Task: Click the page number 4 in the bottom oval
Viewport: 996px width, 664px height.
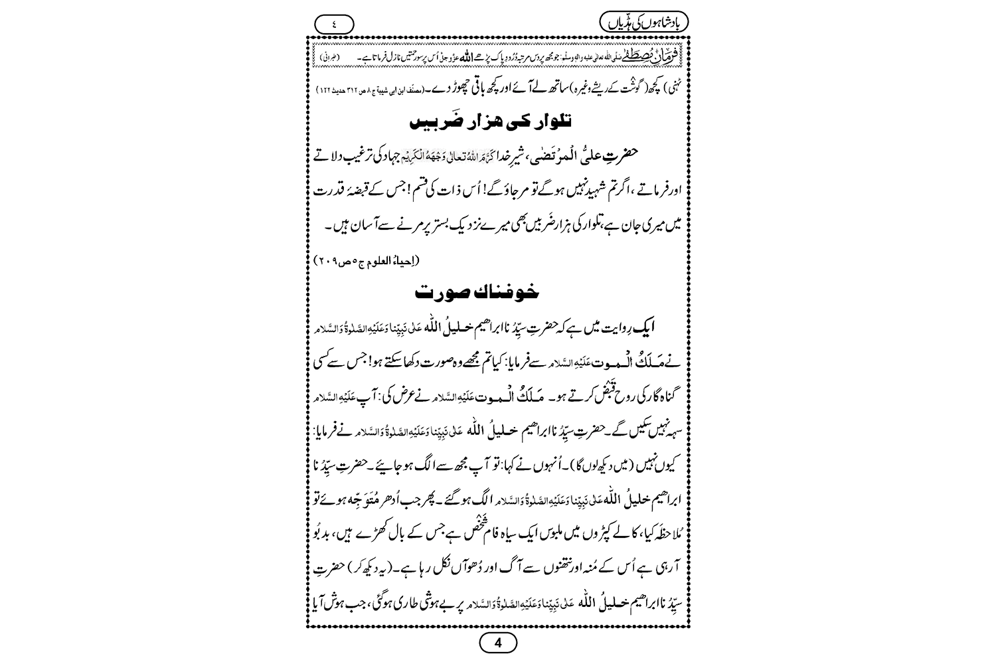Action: point(497,643)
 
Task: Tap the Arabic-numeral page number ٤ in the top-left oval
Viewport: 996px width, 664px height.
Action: point(334,24)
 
